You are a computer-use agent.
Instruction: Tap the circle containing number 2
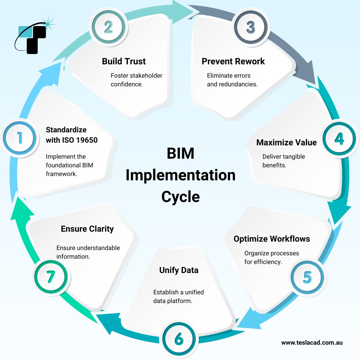click(x=109, y=27)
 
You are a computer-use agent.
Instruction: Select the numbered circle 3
click(x=251, y=27)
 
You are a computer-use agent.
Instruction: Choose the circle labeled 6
click(x=179, y=339)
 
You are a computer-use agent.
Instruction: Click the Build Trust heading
click(x=124, y=61)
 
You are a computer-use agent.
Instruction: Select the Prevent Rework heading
click(x=233, y=61)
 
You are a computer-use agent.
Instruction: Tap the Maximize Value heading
click(x=286, y=142)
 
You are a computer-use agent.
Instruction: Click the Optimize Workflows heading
click(x=272, y=239)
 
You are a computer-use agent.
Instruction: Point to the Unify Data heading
click(x=179, y=270)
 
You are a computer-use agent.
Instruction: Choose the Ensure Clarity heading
click(x=87, y=229)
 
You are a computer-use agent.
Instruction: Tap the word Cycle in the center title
click(x=180, y=196)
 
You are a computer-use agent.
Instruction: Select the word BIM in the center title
click(x=180, y=154)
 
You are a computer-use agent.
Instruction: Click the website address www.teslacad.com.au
click(x=312, y=342)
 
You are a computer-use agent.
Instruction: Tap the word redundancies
click(x=238, y=84)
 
